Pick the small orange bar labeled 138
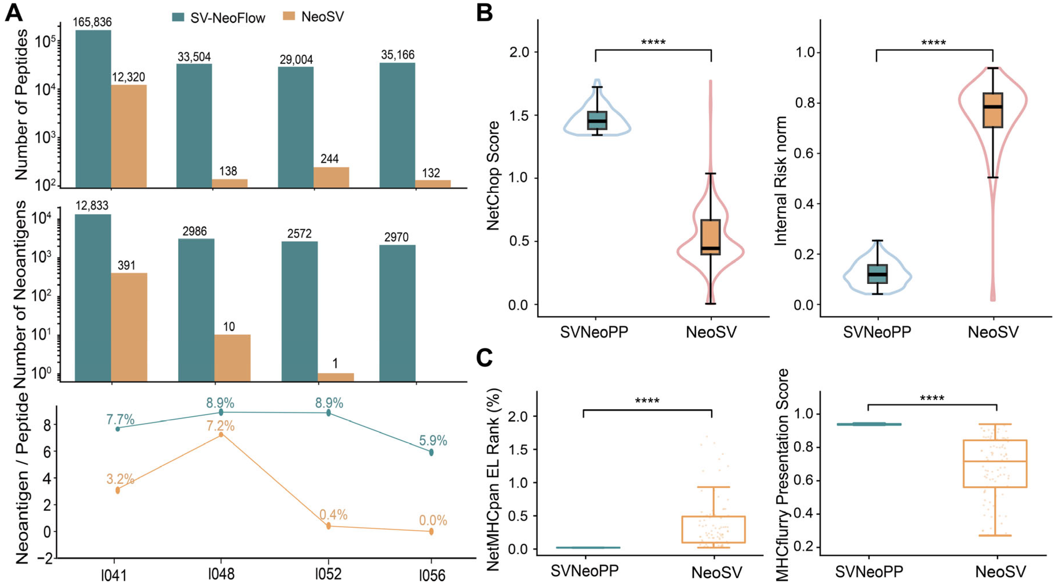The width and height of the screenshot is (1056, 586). pos(230,183)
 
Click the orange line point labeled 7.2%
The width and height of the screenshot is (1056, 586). pos(221,434)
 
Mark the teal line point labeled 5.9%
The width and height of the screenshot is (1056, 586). pos(431,452)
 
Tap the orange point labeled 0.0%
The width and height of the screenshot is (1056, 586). pos(431,532)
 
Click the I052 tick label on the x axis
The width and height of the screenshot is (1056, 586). pos(328,574)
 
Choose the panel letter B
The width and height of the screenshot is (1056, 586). pos(485,13)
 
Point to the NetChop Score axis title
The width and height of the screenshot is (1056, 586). pos(493,176)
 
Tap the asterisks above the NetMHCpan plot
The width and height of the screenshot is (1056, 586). pos(647,401)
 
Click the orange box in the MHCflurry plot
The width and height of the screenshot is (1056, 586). pos(995,463)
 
